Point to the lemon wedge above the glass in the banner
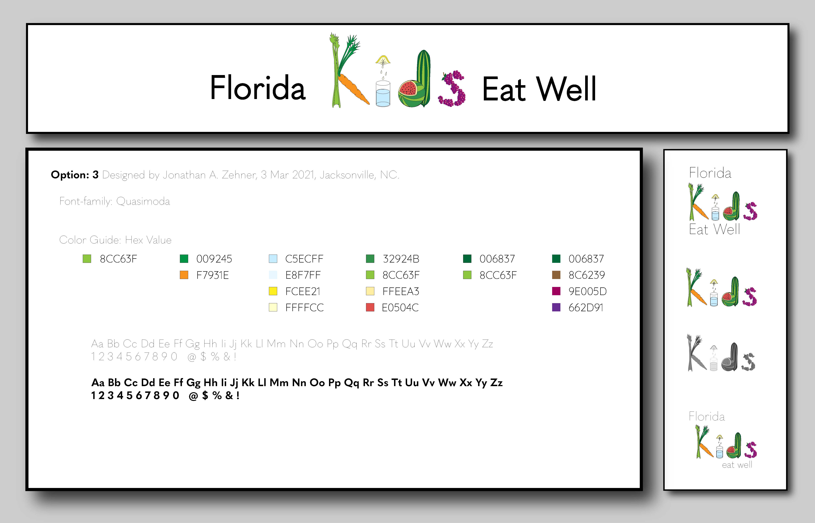(383, 60)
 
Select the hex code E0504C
(400, 308)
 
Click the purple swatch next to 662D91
(556, 307)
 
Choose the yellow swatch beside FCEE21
(273, 291)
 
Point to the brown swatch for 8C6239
(556, 275)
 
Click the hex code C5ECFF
(304, 259)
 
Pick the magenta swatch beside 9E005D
(556, 291)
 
